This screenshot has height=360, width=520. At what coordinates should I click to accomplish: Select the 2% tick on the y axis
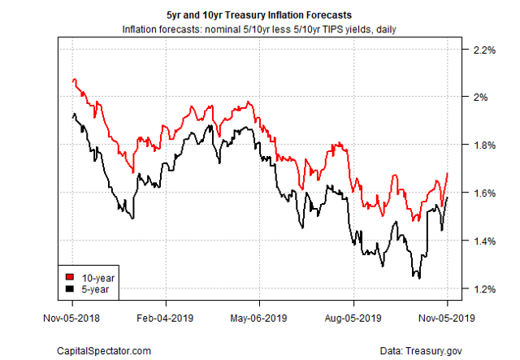479,98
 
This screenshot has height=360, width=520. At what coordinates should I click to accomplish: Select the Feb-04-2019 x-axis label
164,319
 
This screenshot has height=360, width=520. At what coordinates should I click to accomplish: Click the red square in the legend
71,276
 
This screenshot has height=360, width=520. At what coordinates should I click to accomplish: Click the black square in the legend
71,288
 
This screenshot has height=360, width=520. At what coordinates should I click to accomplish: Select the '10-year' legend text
96,276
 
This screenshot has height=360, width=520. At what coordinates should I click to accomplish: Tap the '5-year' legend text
93,288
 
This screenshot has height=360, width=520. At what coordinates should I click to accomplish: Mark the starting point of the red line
72,80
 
